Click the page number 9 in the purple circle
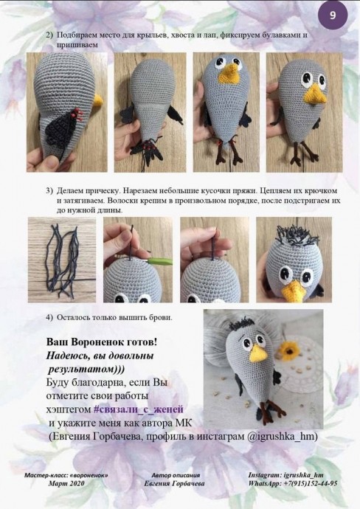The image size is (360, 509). (333, 15)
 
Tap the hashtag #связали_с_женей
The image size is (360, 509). (138, 409)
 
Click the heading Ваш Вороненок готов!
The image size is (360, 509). (102, 343)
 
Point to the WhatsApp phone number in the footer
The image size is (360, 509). (305, 483)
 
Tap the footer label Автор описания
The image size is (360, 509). (175, 475)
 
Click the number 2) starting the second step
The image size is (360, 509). (49, 35)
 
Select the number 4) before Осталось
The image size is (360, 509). (49, 317)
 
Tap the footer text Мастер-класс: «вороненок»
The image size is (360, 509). (66, 475)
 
